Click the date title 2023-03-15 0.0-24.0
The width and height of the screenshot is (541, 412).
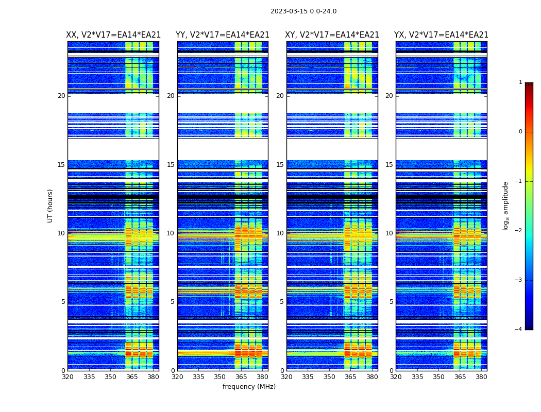pos(303,11)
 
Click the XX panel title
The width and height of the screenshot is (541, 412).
pos(113,35)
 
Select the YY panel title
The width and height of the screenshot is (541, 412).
pos(223,35)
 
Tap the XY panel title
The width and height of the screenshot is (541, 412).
pos(332,35)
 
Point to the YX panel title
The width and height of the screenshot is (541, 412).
pos(441,35)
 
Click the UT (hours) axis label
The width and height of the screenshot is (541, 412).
pos(50,205)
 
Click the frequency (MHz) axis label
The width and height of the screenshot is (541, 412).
pos(249,387)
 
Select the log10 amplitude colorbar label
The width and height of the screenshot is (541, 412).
pos(506,205)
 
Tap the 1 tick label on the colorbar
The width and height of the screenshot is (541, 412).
pos(520,82)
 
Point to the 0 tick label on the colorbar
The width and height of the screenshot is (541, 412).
pos(520,132)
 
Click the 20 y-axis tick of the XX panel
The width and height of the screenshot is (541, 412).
pos(61,96)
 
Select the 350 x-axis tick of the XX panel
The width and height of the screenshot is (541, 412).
pos(110,377)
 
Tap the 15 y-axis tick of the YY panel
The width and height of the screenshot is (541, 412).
pos(171,165)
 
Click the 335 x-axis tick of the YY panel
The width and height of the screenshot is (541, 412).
pos(198,377)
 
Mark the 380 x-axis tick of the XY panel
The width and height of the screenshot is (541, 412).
pos(372,377)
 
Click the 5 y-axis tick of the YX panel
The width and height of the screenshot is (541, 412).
pos(392,302)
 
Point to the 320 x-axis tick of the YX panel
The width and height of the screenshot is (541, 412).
pos(396,377)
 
